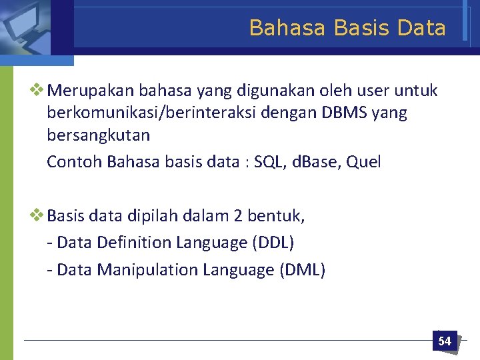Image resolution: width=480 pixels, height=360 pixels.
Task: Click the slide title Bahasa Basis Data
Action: coord(347,28)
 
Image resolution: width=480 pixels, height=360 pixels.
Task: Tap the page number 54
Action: coord(445,341)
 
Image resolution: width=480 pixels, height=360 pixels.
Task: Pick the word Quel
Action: coord(365,162)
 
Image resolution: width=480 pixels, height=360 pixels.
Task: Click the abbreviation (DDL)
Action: coord(273,243)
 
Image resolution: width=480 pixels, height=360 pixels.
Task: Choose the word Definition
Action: coord(134,243)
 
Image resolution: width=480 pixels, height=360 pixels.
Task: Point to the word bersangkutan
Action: coord(98,135)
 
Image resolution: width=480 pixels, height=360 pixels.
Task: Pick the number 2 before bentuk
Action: coord(239,215)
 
